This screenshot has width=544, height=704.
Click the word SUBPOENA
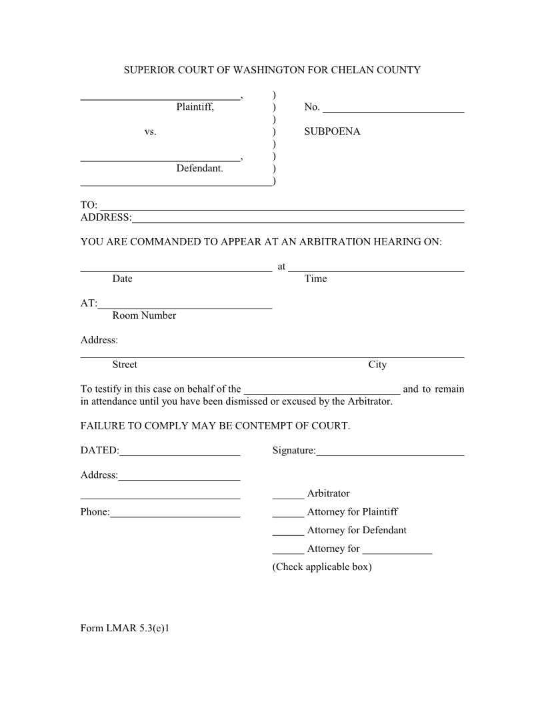click(332, 131)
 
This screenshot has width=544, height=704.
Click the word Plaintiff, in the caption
click(195, 107)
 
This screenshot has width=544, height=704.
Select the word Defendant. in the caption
click(199, 169)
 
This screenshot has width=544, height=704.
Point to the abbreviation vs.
click(150, 132)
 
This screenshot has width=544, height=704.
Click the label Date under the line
click(122, 279)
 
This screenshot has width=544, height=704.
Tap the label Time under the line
click(315, 279)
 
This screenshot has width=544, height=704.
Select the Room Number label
click(144, 315)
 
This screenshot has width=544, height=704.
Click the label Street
click(125, 365)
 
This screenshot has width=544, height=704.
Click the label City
click(377, 365)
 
